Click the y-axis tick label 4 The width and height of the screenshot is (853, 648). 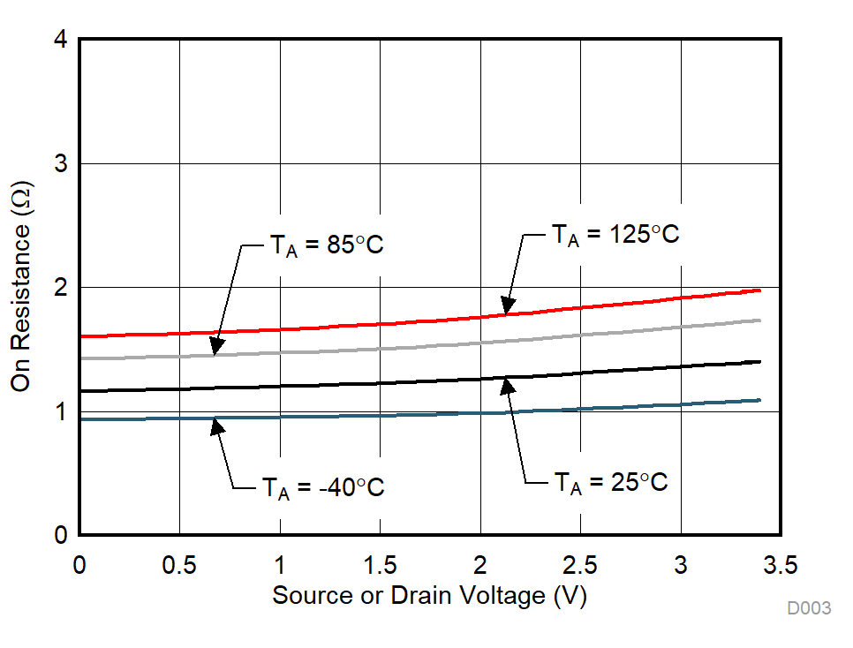(x=62, y=41)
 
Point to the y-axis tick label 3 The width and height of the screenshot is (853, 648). (x=62, y=164)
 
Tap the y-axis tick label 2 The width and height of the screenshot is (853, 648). (x=62, y=288)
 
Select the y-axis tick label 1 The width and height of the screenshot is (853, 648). (x=62, y=411)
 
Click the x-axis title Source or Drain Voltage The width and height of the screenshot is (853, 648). (x=429, y=596)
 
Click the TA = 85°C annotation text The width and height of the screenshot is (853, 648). (x=326, y=245)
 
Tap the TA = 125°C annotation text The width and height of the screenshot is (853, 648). (x=615, y=235)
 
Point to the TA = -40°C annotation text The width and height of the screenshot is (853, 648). (x=322, y=486)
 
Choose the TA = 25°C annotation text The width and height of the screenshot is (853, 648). (x=610, y=482)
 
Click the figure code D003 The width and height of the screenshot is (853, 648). (x=810, y=608)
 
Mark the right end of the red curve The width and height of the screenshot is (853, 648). (x=759, y=290)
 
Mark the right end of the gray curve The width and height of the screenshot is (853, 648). (x=759, y=320)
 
